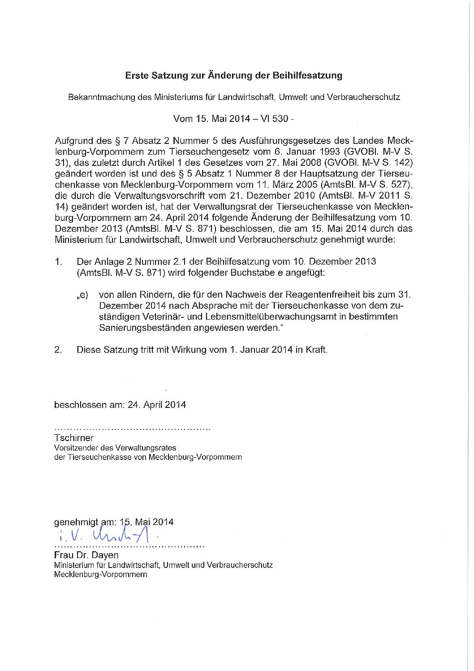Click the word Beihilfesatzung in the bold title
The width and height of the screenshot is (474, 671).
tap(307, 75)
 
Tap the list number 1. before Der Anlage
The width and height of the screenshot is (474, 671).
tap(58, 261)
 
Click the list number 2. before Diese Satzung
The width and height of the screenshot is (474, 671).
tap(58, 350)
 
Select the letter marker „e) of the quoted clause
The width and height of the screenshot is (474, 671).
tap(82, 295)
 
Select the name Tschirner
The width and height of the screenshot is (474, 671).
tap(74, 437)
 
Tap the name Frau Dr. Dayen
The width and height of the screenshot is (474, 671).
tap(86, 555)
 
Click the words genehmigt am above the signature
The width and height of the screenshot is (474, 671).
tap(85, 522)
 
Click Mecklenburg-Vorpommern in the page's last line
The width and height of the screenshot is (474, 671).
tap(100, 574)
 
